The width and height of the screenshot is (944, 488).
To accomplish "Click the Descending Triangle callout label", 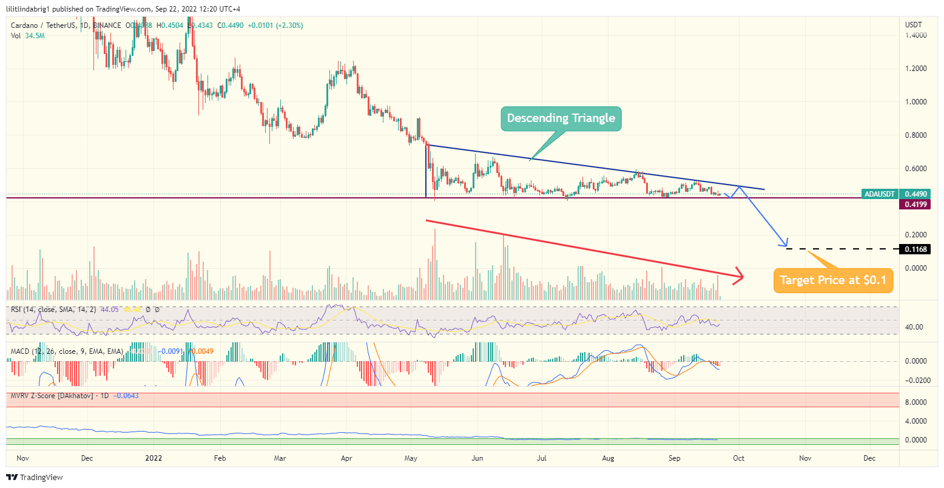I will pos(561,118).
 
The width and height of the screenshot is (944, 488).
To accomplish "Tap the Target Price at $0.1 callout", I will pos(832,280).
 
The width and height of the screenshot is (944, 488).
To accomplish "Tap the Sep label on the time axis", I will pos(674,458).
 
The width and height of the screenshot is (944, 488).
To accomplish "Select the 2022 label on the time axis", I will pos(153,458).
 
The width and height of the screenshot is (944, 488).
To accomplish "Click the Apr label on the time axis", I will pos(346,458).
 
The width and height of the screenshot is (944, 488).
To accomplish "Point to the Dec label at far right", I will pos(869,458).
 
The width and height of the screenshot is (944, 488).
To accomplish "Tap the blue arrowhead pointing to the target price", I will pos(786,242).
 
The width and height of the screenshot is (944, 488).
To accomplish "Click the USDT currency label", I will pos(913,25).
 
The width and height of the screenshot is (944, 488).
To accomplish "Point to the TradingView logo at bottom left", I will pos(35,478).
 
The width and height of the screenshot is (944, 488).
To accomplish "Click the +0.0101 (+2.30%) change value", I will pos(275,25).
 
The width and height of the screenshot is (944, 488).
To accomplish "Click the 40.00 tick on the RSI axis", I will pos(914,327).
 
